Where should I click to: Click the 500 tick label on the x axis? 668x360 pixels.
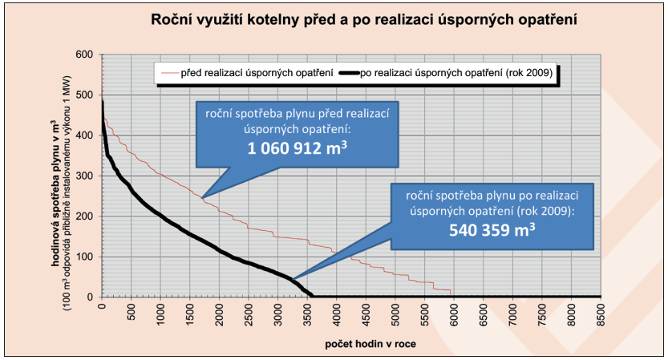coord(132,313)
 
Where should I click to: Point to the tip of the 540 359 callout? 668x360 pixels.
coord(293,280)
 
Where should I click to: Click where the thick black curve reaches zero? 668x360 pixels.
coord(313,297)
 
